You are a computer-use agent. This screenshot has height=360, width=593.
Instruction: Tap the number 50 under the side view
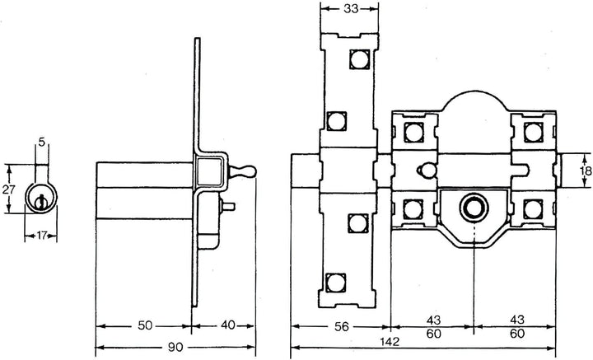pyautogui.click(x=145, y=326)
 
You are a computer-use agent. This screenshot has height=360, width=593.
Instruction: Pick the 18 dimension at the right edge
pyautogui.click(x=584, y=171)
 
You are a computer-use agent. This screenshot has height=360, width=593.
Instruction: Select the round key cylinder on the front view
pyautogui.click(x=474, y=207)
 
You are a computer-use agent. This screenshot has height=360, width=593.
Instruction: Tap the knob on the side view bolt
pyautogui.click(x=245, y=171)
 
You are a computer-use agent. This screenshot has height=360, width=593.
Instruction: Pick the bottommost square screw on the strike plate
pyautogui.click(x=334, y=283)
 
